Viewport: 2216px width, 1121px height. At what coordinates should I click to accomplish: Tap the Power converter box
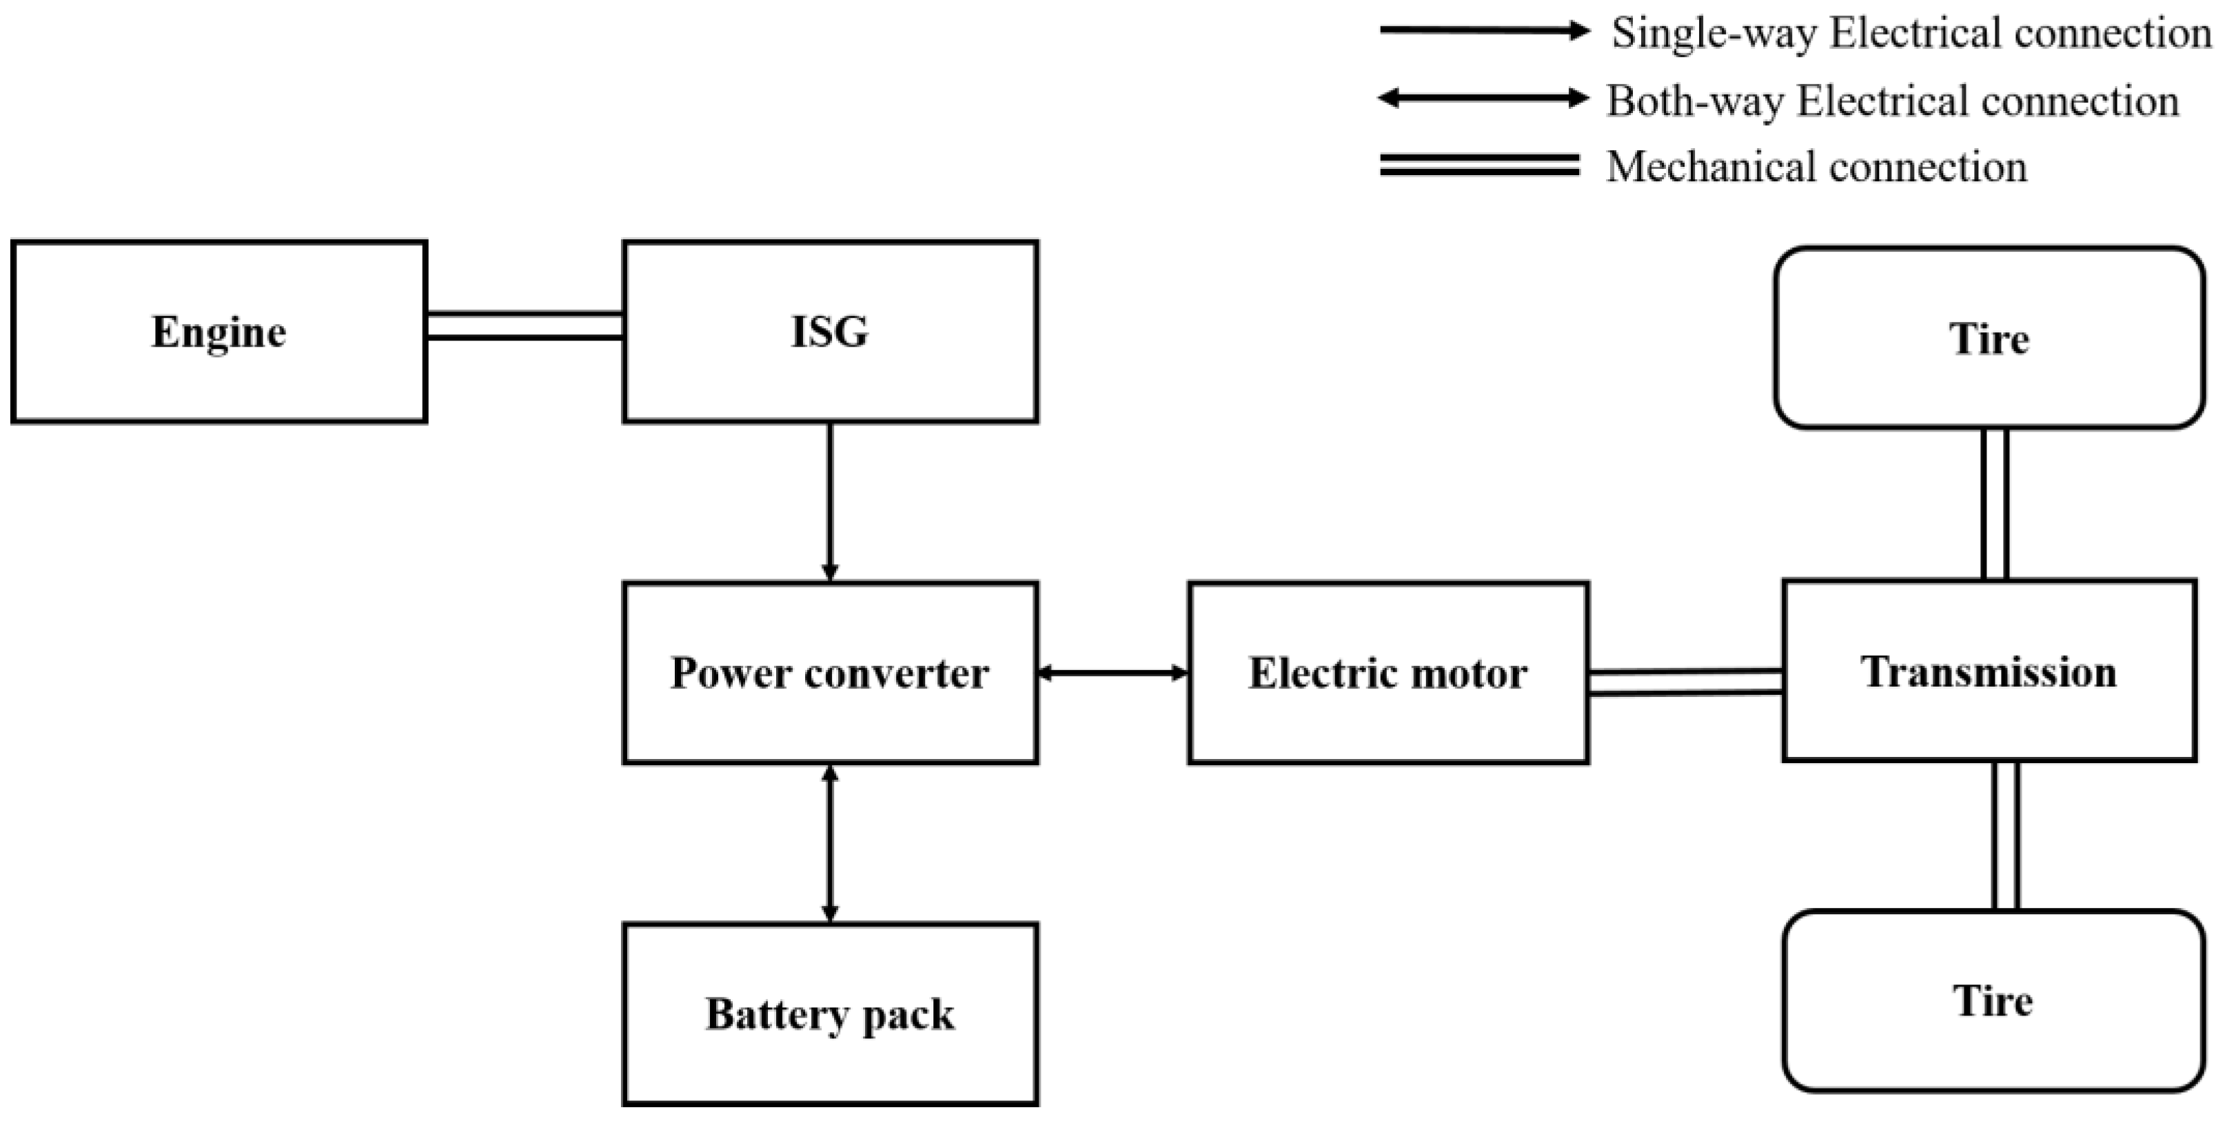pyautogui.click(x=830, y=673)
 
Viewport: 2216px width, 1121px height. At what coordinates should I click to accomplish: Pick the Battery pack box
pyautogui.click(x=830, y=1013)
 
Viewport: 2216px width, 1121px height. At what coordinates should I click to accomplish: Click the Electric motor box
pyautogui.click(x=1387, y=673)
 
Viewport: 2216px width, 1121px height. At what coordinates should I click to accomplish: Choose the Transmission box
pyautogui.click(x=1989, y=671)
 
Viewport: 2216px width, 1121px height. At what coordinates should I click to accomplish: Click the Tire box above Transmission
pyautogui.click(x=1989, y=338)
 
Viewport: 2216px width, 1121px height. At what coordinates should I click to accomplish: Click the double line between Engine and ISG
pyautogui.click(x=525, y=326)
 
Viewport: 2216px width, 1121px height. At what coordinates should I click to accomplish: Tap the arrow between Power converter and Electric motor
pyautogui.click(x=1113, y=673)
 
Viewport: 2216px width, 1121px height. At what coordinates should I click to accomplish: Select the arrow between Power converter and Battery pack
pyautogui.click(x=830, y=843)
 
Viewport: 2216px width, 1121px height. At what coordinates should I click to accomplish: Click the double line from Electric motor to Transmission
pyautogui.click(x=1685, y=681)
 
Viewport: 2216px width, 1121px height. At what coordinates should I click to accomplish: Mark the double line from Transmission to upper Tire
pyautogui.click(x=1995, y=503)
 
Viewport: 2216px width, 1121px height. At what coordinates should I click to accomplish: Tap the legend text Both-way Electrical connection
pyautogui.click(x=1893, y=101)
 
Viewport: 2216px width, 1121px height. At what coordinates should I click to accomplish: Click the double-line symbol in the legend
pyautogui.click(x=1480, y=165)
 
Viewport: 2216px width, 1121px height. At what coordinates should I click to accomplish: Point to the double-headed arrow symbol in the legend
pyautogui.click(x=1483, y=98)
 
